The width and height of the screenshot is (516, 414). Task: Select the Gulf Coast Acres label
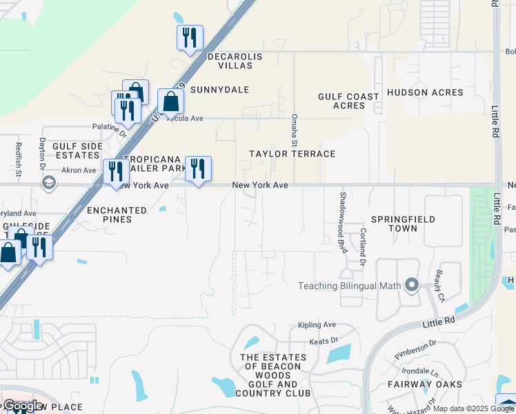348,101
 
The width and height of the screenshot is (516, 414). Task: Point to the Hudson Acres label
424,92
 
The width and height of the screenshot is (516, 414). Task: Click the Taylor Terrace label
292,154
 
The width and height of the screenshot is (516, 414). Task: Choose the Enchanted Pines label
117,215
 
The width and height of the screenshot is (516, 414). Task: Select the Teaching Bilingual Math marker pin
412,285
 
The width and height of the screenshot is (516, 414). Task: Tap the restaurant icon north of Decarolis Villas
190,37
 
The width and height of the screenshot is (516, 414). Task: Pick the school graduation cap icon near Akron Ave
48,182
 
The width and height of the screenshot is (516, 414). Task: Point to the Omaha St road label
294,130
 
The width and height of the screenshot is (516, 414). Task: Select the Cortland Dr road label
362,246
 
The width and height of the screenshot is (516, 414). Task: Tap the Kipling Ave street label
317,325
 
